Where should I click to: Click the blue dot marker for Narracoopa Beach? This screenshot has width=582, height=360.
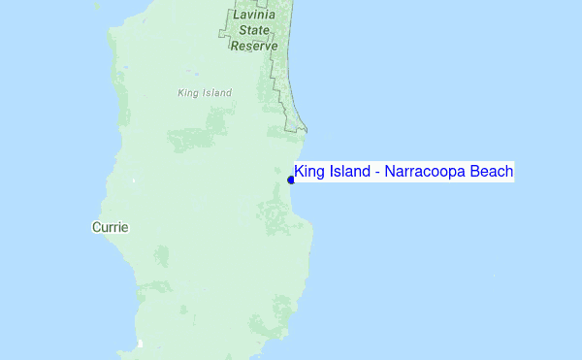coord(291,180)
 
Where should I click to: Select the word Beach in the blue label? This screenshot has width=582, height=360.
coord(492,172)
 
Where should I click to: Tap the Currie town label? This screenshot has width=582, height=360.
coord(110,227)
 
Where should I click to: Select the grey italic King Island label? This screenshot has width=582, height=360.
coord(206,93)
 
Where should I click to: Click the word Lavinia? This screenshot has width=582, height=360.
coord(256,16)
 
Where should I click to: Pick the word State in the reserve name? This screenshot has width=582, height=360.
coord(255,30)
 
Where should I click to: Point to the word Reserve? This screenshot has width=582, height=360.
coord(254,46)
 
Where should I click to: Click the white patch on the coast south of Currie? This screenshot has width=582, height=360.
coord(141,344)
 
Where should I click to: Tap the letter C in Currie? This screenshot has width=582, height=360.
coord(96,227)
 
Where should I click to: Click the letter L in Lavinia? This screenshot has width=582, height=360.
coord(237,16)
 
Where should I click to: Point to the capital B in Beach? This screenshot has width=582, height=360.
coord(474,172)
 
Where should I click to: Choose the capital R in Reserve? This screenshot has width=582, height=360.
coord(236,46)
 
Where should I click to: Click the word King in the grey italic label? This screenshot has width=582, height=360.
coord(188,93)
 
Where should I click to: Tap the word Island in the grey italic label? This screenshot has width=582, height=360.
coord(217,93)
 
